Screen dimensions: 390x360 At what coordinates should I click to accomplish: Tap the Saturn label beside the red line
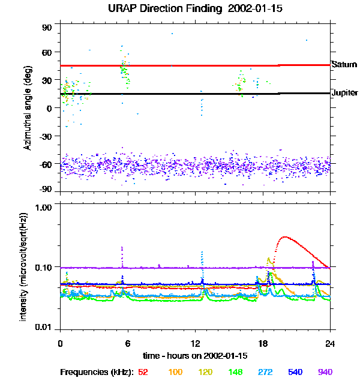pos(344,64)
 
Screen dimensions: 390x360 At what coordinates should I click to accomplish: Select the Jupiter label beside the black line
pos(344,93)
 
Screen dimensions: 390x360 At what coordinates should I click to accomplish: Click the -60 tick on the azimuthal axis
pos(46,163)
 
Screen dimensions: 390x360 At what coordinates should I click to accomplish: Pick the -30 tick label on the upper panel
pos(46,136)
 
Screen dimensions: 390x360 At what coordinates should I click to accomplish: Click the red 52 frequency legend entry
pos(143,372)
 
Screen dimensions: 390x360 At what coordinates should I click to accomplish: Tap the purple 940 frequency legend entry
pos(325,372)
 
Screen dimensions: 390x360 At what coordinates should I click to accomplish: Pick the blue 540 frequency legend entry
pos(295,372)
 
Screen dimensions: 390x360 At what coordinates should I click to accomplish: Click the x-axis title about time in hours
pos(195,356)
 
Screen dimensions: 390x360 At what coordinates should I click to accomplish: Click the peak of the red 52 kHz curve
pos(284,237)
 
